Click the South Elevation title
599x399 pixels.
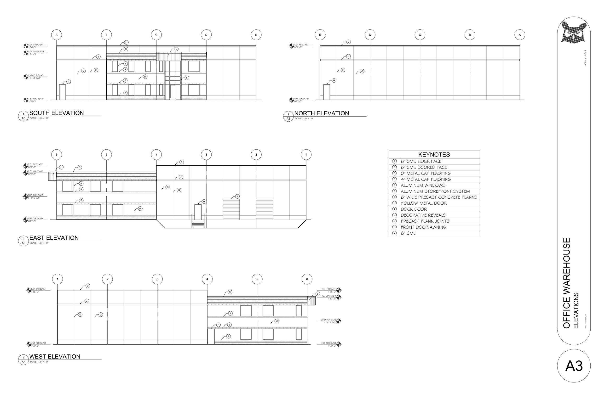click(57, 113)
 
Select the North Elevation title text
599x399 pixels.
click(321, 113)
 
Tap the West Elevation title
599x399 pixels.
click(55, 356)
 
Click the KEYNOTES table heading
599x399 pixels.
click(434, 154)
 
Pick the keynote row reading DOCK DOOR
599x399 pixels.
click(414, 209)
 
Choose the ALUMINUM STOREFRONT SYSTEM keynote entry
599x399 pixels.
click(435, 191)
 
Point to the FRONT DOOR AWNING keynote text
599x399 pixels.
click(423, 227)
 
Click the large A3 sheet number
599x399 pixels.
click(574, 366)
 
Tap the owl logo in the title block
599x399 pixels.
click(574, 32)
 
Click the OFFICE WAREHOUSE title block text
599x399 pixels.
click(567, 283)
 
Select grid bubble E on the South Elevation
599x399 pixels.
click(256, 35)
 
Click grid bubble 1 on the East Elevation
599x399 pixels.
click(306, 154)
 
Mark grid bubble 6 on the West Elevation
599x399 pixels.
click(307, 279)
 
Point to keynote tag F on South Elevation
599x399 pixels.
click(187, 78)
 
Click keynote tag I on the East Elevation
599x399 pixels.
click(237, 197)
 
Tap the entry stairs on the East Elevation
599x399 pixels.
click(198, 224)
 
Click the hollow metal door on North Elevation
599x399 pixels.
click(327, 92)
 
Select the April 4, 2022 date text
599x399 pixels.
click(585, 58)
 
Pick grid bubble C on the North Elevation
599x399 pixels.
click(420, 35)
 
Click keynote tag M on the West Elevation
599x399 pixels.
click(276, 321)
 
